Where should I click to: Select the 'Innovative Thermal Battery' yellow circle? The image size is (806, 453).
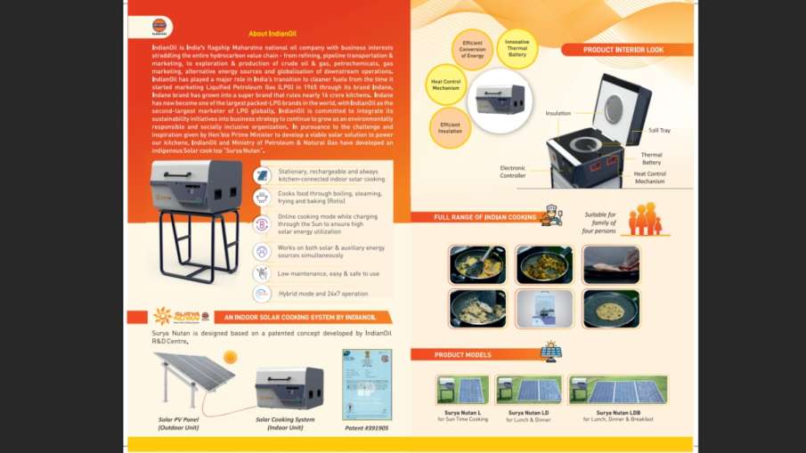(x=517, y=47)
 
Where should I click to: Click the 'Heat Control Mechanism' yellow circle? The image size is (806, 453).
(x=446, y=82)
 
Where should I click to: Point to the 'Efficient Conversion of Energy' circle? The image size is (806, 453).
(x=472, y=47)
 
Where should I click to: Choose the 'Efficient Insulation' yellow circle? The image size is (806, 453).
(x=450, y=127)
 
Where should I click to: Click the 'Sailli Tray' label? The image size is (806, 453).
(x=660, y=130)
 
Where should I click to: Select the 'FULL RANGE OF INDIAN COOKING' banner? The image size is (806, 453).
(x=484, y=217)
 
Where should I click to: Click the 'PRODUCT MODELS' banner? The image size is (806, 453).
(x=462, y=354)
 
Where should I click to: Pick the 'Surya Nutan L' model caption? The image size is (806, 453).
(x=462, y=413)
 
